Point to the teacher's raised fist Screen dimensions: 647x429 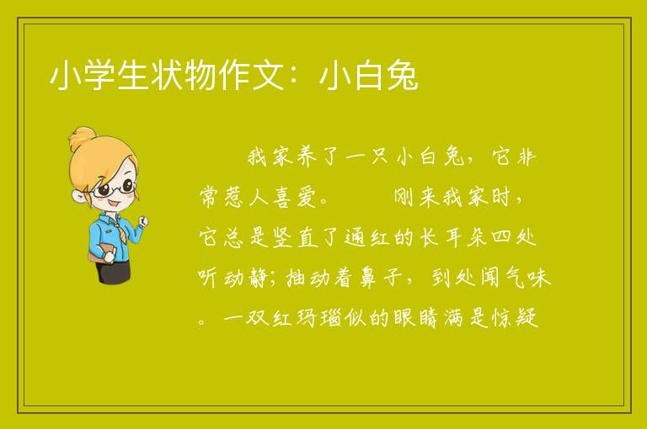(142, 222)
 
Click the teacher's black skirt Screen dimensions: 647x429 (113, 270)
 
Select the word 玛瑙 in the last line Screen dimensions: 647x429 (318, 317)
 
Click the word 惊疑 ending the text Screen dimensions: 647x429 (516, 317)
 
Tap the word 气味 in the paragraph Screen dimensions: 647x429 (528, 277)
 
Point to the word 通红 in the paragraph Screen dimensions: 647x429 (367, 237)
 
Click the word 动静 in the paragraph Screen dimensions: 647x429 (246, 277)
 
